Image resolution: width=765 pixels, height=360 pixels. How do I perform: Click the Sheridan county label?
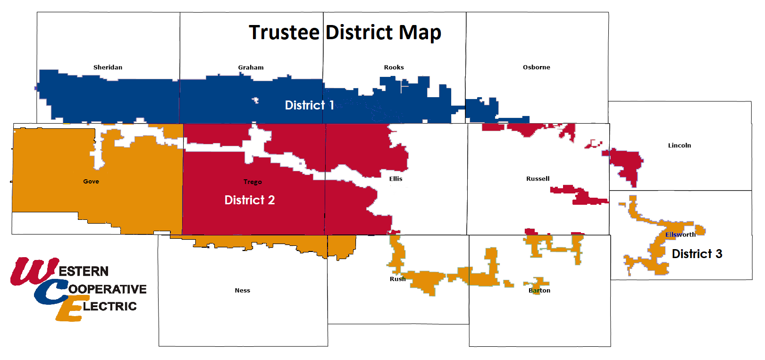click(x=108, y=67)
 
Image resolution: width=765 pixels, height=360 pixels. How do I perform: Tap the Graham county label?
click(x=251, y=67)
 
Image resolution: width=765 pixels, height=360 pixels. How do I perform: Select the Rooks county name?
click(x=394, y=67)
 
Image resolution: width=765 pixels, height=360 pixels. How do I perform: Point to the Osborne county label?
click(x=536, y=67)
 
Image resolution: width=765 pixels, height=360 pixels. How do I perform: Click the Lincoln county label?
click(x=679, y=145)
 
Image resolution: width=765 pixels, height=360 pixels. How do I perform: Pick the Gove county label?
click(x=91, y=182)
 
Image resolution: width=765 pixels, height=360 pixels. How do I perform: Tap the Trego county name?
click(x=252, y=182)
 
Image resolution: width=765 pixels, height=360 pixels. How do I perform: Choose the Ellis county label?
click(x=395, y=179)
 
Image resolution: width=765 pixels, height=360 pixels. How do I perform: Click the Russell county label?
click(x=538, y=179)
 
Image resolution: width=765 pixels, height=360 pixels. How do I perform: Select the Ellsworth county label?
click(x=680, y=234)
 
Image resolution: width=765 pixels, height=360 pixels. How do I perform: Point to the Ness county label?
click(x=242, y=291)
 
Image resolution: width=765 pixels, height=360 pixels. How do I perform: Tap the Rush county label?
click(x=397, y=279)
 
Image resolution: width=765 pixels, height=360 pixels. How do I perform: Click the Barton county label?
click(x=539, y=291)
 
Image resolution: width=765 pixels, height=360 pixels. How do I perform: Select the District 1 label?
click(x=309, y=105)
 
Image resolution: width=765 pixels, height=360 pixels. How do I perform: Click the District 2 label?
click(x=249, y=200)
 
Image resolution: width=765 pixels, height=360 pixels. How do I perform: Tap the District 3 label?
click(x=697, y=254)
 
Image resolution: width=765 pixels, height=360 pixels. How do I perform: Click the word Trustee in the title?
click(x=284, y=33)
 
